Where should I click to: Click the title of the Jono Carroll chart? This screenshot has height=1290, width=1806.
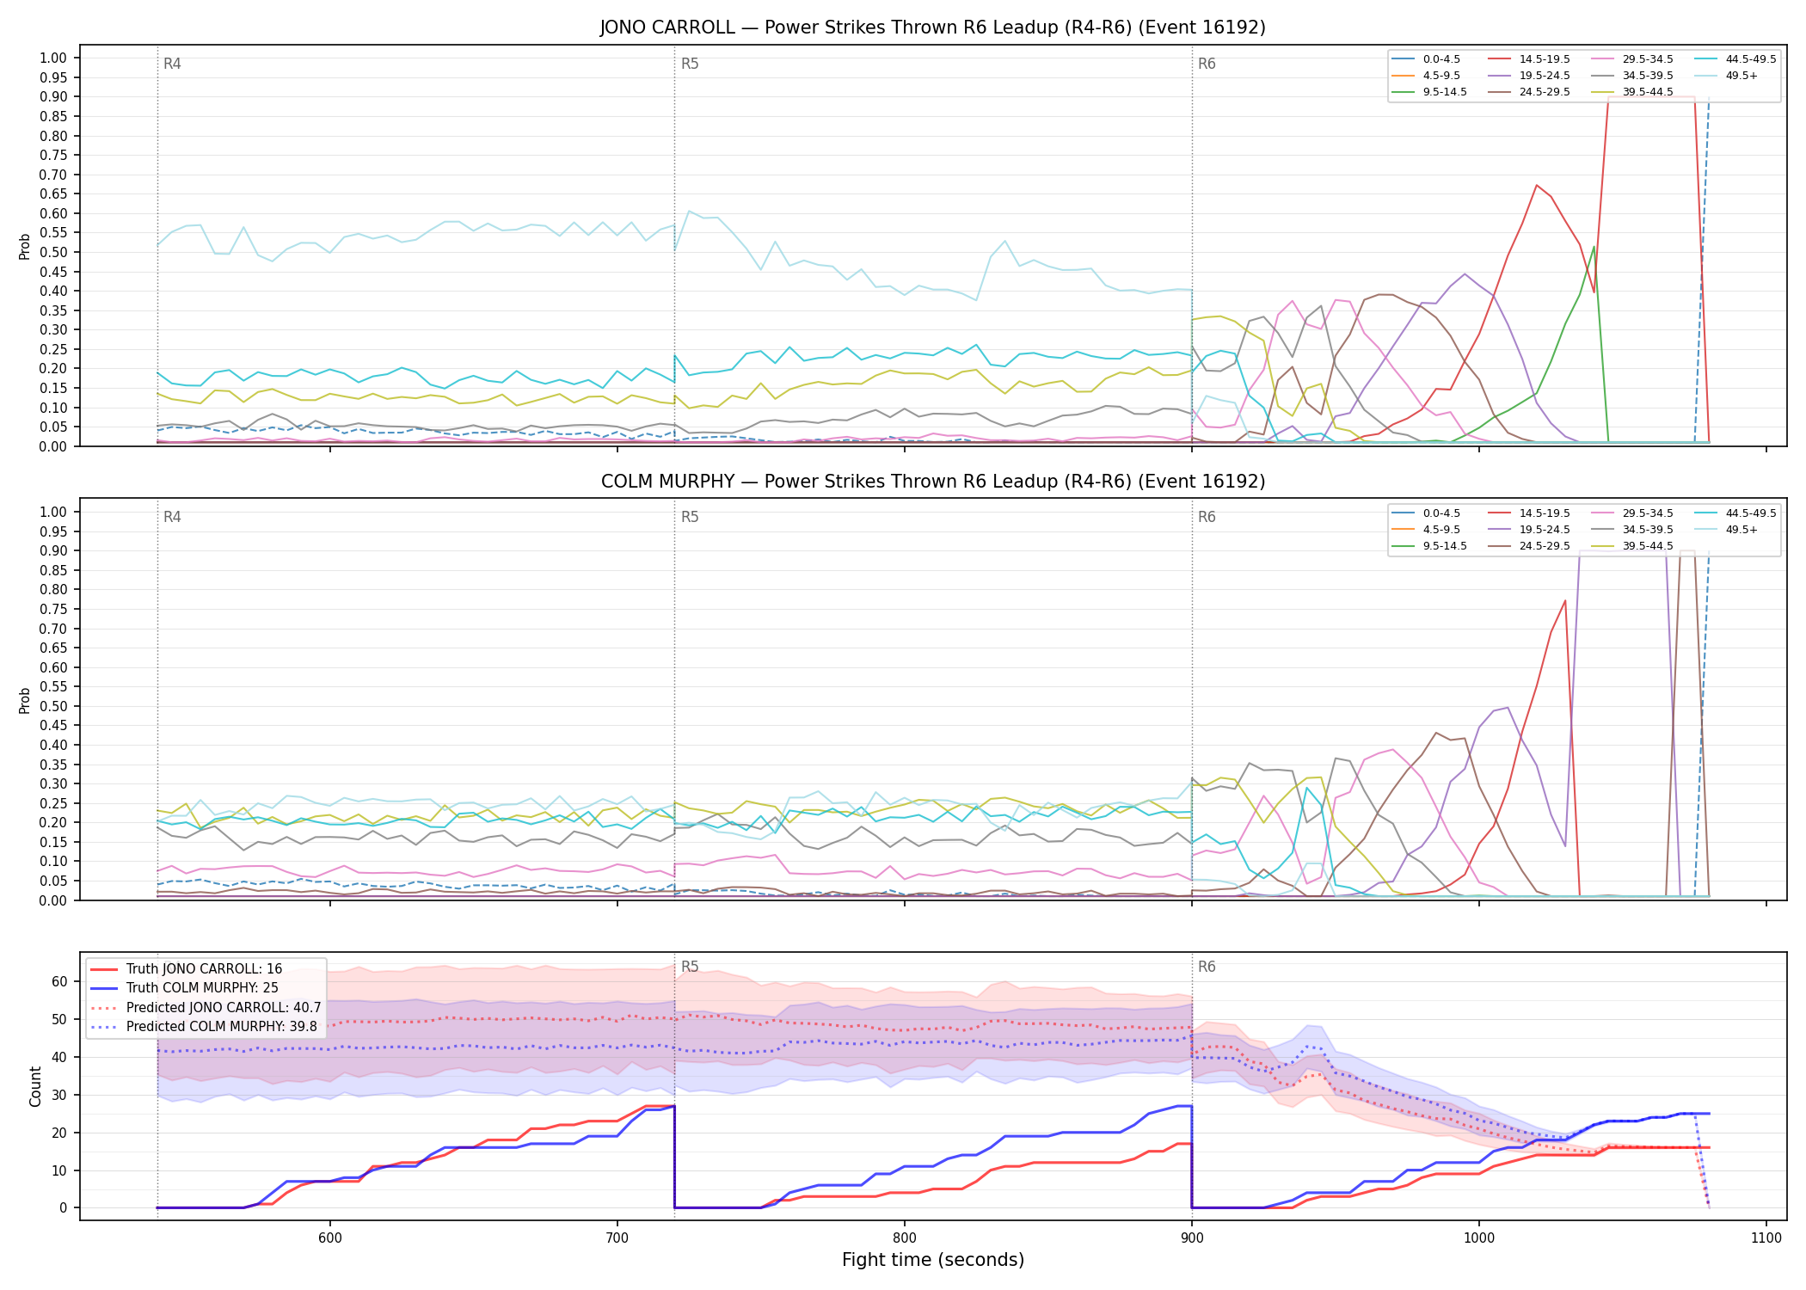(x=933, y=28)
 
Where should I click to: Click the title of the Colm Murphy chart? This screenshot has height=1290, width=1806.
(x=933, y=482)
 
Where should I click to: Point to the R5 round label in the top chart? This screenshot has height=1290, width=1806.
(x=690, y=64)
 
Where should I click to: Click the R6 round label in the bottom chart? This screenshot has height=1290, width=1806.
(x=1207, y=967)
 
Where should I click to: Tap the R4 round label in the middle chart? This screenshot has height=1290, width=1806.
(x=172, y=517)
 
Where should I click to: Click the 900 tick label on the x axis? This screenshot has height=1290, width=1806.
(x=1191, y=1238)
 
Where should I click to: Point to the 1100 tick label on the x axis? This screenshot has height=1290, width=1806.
(x=1766, y=1238)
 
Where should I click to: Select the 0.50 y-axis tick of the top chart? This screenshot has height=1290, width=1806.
(x=53, y=252)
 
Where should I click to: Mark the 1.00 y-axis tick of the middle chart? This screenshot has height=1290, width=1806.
(x=53, y=512)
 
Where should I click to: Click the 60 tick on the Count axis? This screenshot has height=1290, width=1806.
(x=59, y=981)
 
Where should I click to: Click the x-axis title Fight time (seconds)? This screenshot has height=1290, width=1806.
(x=933, y=1261)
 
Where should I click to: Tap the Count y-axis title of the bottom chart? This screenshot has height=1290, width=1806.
(x=35, y=1086)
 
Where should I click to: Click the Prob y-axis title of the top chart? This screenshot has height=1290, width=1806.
(x=25, y=246)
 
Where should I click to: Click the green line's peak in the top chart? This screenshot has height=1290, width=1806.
(x=1594, y=247)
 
